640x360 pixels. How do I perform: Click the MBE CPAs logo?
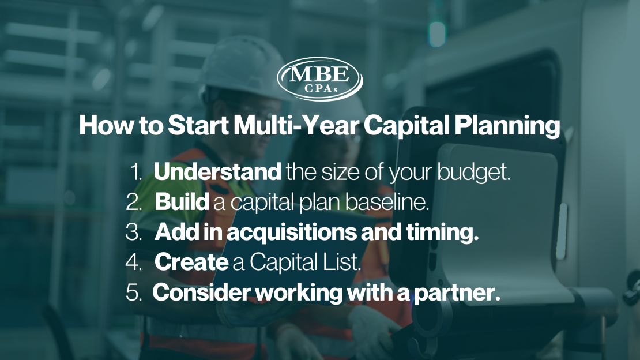coord(320,78)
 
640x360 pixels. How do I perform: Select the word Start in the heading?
coord(195,126)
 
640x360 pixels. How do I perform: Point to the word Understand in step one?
coord(217,172)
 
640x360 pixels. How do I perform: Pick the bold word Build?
coord(182,202)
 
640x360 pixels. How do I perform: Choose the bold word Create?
coord(191,262)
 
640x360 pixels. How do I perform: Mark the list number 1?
coord(138,173)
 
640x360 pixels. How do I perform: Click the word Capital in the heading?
coord(407,126)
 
